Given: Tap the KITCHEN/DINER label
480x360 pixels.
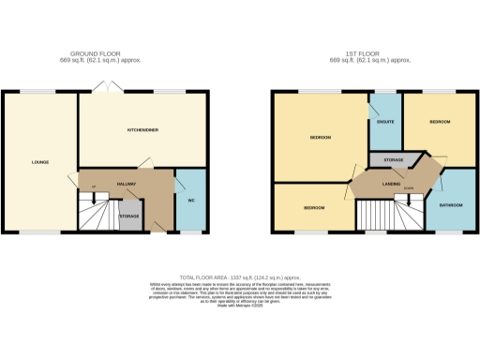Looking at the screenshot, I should (140, 129).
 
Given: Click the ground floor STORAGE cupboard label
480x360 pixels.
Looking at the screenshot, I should (129, 216).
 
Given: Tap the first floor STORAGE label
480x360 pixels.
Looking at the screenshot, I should (394, 160).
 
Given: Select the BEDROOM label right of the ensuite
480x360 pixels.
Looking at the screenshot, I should (441, 122).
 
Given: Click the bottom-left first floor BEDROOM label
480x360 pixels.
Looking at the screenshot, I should (313, 206).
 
